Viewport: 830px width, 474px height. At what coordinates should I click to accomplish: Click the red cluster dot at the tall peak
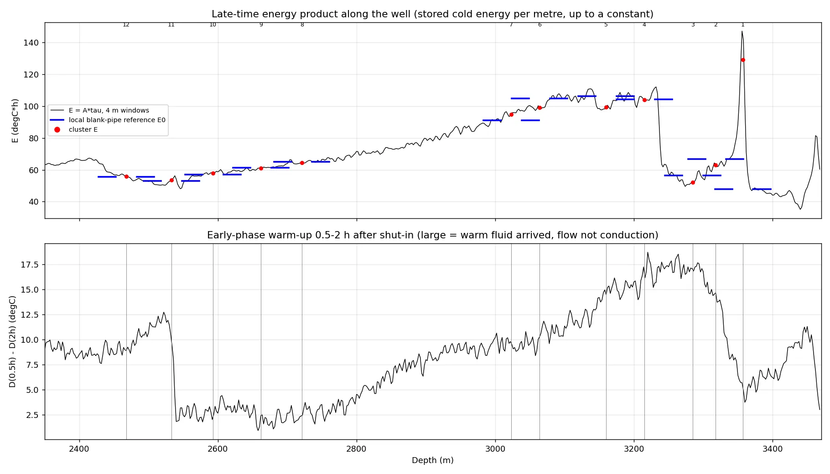coord(743,60)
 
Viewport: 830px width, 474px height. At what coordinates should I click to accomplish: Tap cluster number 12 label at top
coord(126,25)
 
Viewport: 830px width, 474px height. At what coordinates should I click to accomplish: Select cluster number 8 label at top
coord(302,25)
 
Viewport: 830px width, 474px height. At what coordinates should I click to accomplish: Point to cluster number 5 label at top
coord(606,25)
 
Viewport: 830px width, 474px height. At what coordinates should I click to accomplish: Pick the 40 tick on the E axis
coord(34,202)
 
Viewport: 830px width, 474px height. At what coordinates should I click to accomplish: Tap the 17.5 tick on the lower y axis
coord(30,265)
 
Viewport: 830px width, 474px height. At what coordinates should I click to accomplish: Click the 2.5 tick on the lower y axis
coord(32,415)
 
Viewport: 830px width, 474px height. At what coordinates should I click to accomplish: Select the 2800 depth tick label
coord(356,449)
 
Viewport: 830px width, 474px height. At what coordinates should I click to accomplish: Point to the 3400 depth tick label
coord(773,449)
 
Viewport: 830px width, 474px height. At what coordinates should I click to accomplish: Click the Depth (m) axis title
coord(433,460)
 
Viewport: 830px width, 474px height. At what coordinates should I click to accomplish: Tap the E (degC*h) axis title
coord(15,120)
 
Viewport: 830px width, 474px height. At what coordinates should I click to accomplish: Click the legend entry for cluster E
coord(83,129)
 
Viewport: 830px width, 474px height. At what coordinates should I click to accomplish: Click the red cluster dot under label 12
coord(126,176)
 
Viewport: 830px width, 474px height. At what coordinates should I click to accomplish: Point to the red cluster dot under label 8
coord(302,163)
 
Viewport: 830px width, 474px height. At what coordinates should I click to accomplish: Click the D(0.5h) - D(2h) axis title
coord(12,342)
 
